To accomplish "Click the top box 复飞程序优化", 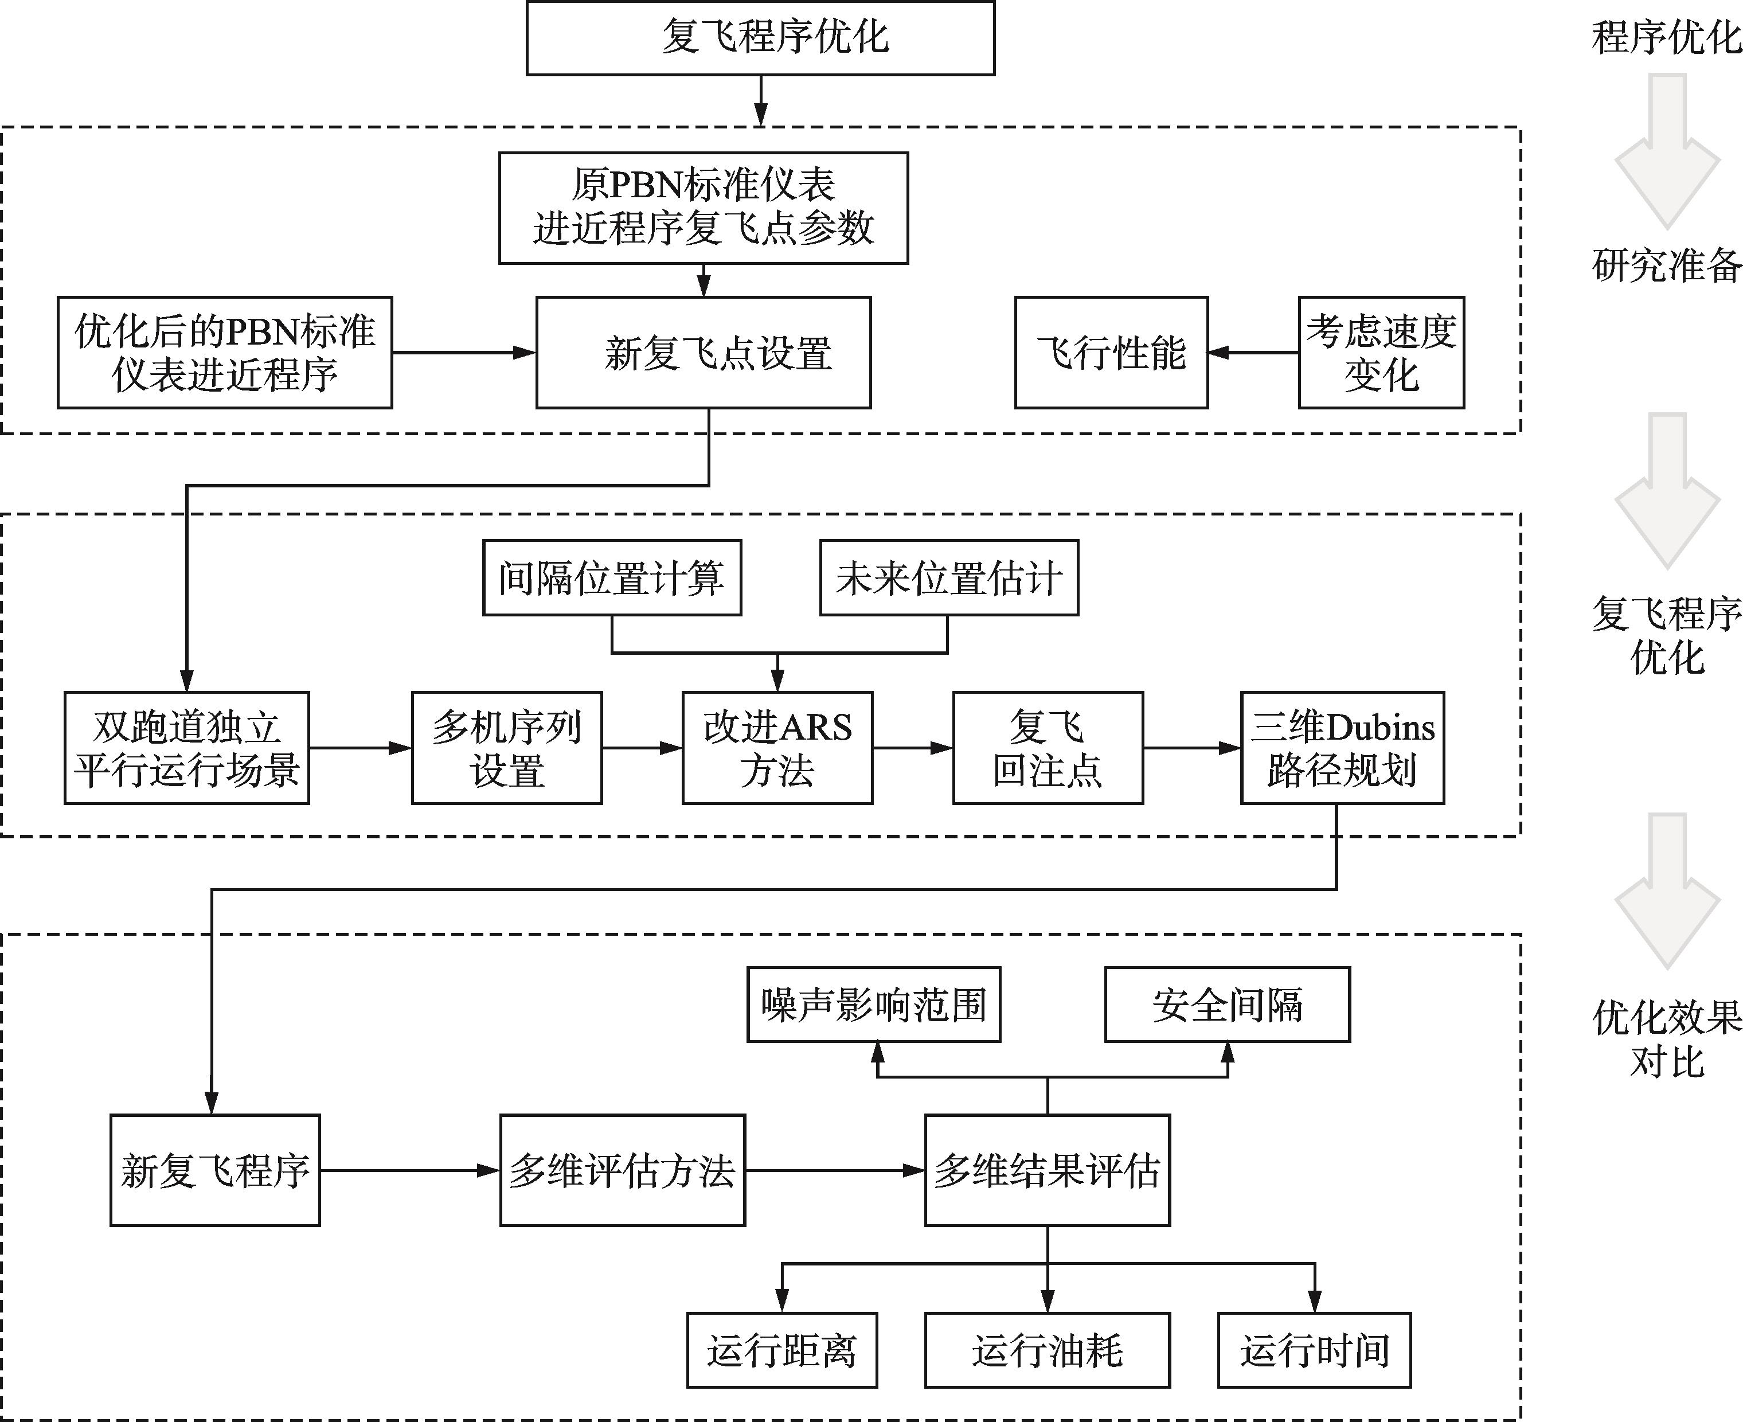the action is coord(760,38).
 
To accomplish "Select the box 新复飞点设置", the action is coord(704,352).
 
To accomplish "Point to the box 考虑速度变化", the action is coord(1381,352).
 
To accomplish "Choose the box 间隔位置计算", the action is coord(612,577).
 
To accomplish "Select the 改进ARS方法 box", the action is coord(777,748).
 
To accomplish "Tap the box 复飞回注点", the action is coord(1048,748).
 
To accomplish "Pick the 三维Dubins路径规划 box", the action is coord(1342,748).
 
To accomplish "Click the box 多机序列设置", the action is coord(507,748).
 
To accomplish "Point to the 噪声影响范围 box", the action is coord(874,1004).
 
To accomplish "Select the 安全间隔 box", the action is coord(1228,1004).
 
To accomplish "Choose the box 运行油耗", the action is coord(1048,1350).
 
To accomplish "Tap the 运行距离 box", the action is coord(782,1350).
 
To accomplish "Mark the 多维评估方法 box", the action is coord(623,1170).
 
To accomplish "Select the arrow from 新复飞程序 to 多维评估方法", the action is coord(409,1170).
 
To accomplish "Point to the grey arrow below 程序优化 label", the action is coord(1667,151).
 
